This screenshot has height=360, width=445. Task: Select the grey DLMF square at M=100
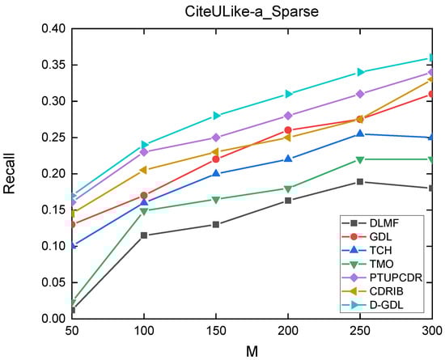point(143,235)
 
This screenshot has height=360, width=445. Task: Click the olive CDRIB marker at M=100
point(143,170)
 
